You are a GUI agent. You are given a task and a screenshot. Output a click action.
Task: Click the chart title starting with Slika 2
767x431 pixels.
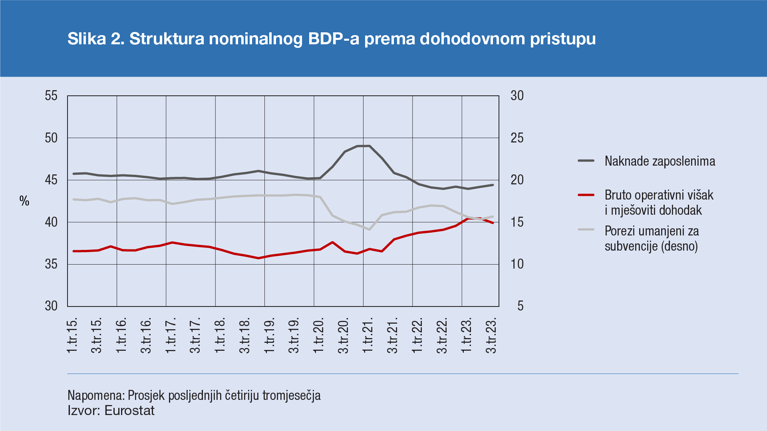[331, 39]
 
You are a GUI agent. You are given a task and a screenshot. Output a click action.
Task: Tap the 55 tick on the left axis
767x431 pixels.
[51, 96]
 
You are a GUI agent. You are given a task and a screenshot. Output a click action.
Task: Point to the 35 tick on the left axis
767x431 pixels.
[51, 264]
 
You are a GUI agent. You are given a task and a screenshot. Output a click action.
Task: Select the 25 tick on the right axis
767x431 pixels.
[517, 138]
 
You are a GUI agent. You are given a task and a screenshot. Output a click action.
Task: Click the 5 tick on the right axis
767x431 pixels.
[520, 306]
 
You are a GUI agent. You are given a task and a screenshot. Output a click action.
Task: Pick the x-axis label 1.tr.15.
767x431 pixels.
[72, 335]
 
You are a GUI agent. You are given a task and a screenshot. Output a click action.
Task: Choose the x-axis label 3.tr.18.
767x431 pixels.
[244, 335]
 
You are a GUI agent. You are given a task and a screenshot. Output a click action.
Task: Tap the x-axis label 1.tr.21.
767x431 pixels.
[368, 335]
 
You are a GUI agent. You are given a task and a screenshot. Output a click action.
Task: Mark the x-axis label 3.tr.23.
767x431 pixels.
[491, 335]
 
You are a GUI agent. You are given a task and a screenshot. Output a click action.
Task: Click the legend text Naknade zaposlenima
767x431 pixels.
[660, 161]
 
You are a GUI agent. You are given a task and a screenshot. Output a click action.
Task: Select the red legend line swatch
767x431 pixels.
[586, 195]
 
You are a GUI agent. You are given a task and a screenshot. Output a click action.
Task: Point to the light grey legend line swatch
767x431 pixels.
[586, 229]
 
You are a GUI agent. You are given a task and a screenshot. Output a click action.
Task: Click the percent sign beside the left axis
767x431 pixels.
[24, 201]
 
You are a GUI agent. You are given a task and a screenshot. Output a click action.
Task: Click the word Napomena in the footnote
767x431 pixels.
[96, 395]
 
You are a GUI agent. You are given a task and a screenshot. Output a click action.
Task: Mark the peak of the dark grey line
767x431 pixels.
[369, 146]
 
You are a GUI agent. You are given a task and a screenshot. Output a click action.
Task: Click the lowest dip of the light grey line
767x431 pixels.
[370, 229]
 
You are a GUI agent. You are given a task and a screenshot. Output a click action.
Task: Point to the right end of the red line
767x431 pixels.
[493, 223]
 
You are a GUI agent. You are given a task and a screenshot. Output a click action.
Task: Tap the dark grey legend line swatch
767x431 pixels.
[586, 161]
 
